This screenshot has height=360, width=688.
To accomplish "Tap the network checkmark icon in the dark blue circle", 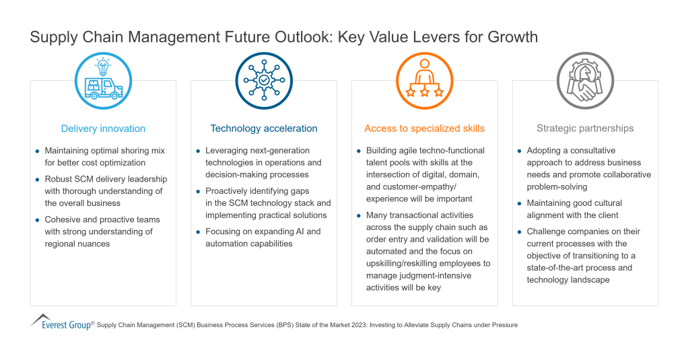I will tap(264, 80).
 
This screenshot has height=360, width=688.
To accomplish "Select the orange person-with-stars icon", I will tap(424, 80).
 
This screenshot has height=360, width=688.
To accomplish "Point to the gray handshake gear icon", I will tap(585, 80).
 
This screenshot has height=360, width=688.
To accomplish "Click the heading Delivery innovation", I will tap(103, 129).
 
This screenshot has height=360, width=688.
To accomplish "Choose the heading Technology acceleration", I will tap(264, 129).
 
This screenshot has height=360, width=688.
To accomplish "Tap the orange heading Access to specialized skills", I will tap(424, 129).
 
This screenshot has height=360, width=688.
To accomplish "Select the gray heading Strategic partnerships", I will tap(585, 129).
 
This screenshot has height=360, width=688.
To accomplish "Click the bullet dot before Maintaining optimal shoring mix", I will tap(37, 151).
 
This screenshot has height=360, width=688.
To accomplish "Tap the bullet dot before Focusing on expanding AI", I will tap(198, 232).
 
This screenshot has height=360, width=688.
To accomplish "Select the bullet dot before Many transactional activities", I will tap(359, 216).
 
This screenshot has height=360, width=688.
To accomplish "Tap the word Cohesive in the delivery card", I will tap(63, 219).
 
